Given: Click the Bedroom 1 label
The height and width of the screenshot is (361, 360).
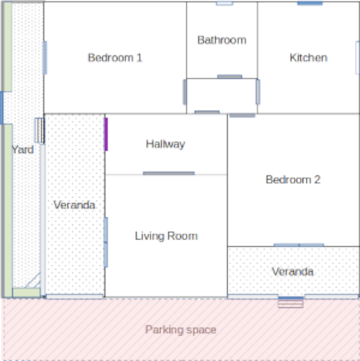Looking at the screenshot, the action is (x=115, y=58).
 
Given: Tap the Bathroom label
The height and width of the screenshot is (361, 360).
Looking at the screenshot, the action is (x=222, y=40).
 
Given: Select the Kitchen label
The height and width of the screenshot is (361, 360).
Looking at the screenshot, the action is (x=308, y=58).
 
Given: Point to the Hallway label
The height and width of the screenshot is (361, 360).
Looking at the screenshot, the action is (x=166, y=145).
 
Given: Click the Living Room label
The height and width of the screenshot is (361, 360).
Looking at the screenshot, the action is (x=166, y=236).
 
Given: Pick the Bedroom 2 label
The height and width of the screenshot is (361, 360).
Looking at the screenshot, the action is (x=293, y=180).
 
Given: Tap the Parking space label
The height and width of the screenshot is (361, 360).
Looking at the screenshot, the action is (x=181, y=330).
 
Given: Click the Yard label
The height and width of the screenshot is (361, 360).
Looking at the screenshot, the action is (x=23, y=150).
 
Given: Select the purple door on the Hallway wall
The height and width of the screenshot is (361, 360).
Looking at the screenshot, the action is (x=106, y=134).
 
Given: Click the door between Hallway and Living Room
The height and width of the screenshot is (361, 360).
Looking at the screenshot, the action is (x=168, y=173).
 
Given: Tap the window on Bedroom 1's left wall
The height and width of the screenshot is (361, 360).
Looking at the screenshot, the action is (x=45, y=58).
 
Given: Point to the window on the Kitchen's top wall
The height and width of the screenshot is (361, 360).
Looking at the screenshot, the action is (x=310, y=3).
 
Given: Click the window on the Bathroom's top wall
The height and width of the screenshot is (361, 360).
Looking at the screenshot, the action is (x=225, y=3).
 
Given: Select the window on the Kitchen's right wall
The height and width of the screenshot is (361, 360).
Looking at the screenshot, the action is (x=357, y=58).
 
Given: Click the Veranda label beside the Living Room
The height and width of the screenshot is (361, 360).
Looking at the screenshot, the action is (x=74, y=205).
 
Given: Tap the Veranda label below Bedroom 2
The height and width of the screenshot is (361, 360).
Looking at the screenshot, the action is (x=292, y=272).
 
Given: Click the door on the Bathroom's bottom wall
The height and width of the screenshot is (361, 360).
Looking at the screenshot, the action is (x=230, y=77).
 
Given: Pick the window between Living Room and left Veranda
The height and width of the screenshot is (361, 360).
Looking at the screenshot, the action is (x=106, y=242).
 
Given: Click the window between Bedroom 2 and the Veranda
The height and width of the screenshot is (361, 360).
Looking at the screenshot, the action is (x=299, y=245).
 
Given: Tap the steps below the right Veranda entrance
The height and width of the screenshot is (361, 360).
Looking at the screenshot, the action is (x=291, y=303).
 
